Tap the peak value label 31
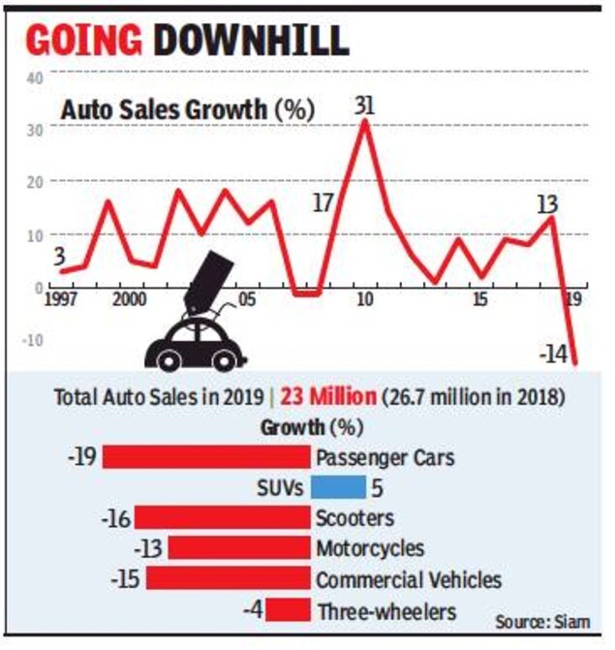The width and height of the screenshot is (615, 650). (365, 103)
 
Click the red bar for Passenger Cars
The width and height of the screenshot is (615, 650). (206, 456)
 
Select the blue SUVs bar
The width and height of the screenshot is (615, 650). (338, 486)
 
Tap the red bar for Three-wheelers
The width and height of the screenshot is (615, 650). (289, 610)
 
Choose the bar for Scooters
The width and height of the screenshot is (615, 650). (223, 517)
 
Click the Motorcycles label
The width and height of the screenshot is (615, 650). (370, 548)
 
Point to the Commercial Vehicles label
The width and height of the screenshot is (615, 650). (409, 579)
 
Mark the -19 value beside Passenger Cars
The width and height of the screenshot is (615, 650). (83, 456)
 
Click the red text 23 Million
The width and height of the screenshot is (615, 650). (322, 397)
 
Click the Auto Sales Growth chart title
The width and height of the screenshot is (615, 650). (187, 109)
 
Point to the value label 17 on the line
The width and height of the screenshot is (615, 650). (323, 203)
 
